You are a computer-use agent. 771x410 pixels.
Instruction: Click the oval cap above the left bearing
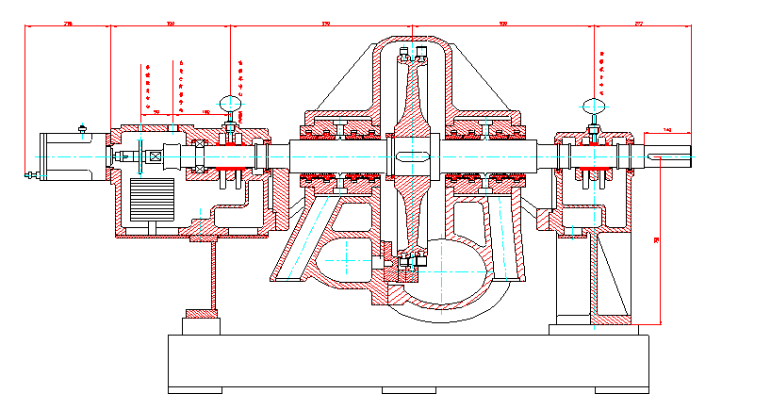[x=229, y=101]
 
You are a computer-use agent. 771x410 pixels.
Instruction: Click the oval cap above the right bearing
[x=594, y=106]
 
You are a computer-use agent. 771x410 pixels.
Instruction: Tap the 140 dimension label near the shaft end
[x=667, y=129]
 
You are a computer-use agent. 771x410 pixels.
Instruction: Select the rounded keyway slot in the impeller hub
[x=412, y=156]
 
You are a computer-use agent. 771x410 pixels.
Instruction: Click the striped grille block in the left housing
[x=152, y=200]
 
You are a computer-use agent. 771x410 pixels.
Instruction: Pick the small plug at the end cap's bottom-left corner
[x=34, y=175]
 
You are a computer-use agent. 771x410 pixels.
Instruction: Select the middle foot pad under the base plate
[x=409, y=389]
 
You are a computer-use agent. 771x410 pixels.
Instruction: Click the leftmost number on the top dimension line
[x=68, y=22]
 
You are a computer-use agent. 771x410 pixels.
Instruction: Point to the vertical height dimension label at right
[x=657, y=242]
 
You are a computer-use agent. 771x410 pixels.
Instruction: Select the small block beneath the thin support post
[x=202, y=313]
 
